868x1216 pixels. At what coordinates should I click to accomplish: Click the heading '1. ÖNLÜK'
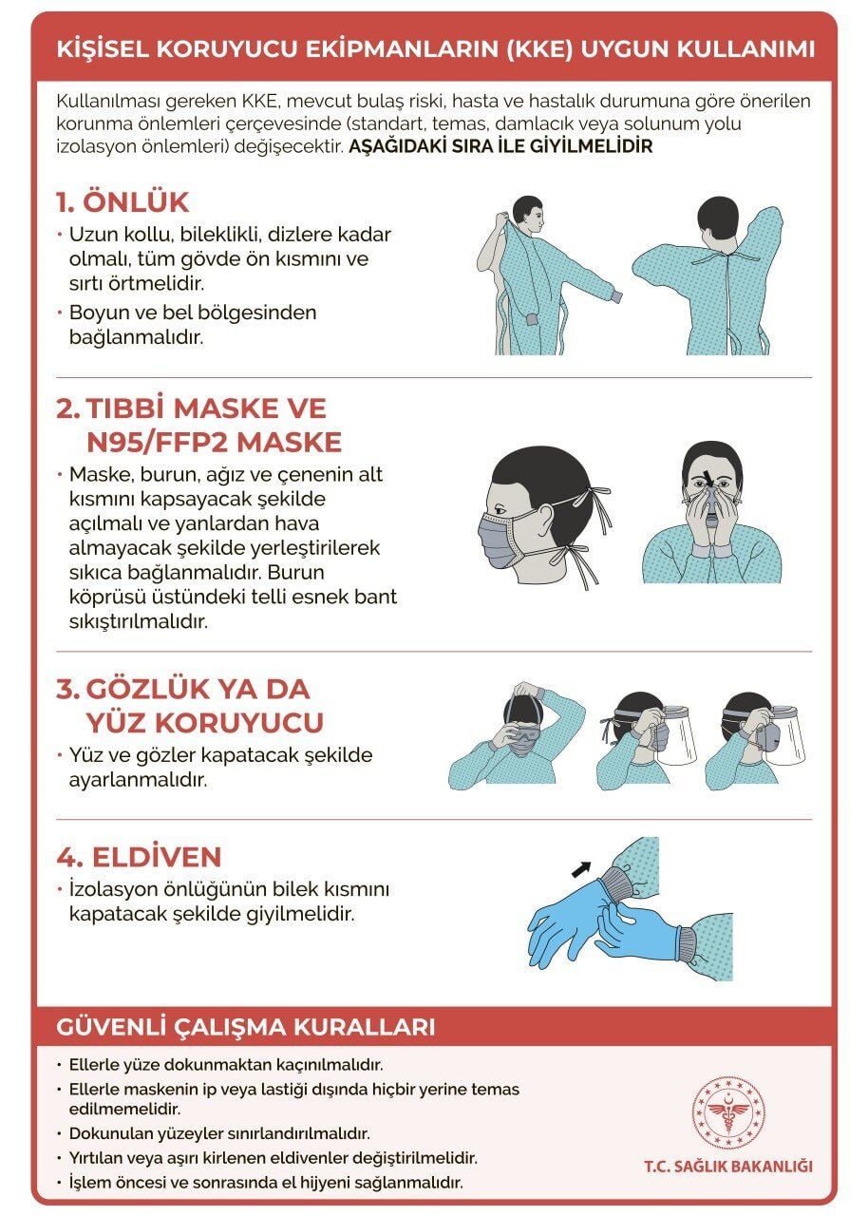(122, 202)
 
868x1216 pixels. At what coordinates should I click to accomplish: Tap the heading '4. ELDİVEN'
(138, 857)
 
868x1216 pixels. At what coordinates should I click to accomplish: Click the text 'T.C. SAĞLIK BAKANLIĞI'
(727, 1166)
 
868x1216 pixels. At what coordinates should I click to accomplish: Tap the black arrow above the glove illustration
(580, 867)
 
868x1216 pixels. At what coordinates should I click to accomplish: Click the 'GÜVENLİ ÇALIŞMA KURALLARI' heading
(246, 1027)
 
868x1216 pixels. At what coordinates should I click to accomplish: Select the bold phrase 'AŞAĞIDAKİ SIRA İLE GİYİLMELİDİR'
(500, 147)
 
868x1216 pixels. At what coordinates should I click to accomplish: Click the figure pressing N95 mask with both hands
(711, 513)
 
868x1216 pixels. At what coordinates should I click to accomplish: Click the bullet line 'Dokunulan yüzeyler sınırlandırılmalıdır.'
(218, 1133)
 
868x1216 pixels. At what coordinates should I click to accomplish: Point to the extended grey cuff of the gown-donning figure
(615, 296)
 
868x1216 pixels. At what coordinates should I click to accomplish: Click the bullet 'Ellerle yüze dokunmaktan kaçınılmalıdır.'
(225, 1065)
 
